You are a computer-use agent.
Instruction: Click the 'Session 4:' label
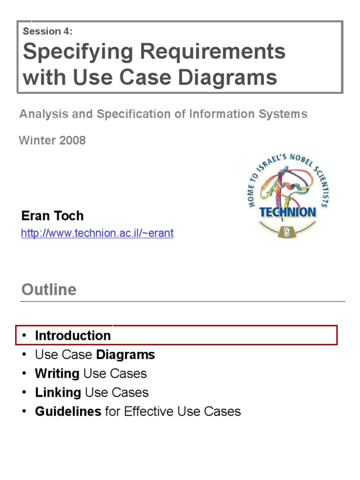tap(47, 32)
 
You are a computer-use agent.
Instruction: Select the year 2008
tap(72, 140)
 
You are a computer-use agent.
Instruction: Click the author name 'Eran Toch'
tap(52, 216)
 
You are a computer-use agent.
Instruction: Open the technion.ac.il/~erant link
tap(97, 233)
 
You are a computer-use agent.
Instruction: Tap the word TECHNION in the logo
tap(288, 212)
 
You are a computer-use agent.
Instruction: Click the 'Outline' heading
tap(49, 289)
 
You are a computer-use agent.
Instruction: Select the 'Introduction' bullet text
tap(73, 336)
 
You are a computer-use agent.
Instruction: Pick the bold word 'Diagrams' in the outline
tap(125, 355)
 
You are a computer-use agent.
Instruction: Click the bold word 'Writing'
tap(57, 374)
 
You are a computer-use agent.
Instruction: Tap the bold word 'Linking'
tap(58, 392)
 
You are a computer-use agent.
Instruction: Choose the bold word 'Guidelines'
tap(68, 412)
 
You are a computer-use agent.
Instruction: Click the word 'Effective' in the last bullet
tap(149, 412)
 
